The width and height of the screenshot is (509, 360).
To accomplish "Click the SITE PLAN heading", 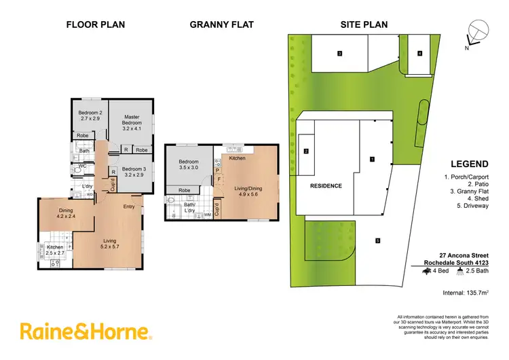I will pos(364,24).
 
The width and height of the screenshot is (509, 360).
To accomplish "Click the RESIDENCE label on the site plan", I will pos(326,185).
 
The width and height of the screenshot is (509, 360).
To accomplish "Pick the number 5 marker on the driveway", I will pos(377,239).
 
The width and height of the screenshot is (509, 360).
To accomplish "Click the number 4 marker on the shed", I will pos(420,53).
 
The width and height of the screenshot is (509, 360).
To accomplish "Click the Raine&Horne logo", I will pos(86,331).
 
